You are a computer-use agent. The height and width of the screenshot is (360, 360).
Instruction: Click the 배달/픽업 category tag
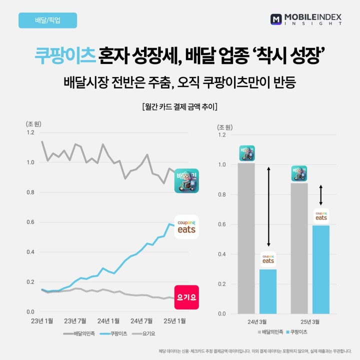(47, 20)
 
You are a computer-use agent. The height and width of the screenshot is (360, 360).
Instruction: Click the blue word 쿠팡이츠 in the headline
(65, 54)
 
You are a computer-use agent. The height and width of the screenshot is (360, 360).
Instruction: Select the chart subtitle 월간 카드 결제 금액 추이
(179, 106)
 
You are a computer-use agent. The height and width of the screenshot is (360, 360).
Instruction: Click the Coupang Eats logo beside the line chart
(186, 227)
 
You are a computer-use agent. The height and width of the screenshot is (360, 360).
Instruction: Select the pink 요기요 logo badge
(186, 297)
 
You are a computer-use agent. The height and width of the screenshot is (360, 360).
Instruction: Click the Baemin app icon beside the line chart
(186, 180)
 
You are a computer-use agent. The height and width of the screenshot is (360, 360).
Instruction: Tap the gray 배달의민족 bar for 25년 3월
(299, 248)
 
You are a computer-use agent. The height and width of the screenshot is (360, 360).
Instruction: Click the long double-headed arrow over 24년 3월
(268, 206)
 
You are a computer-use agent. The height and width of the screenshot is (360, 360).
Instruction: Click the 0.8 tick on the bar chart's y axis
(222, 194)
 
